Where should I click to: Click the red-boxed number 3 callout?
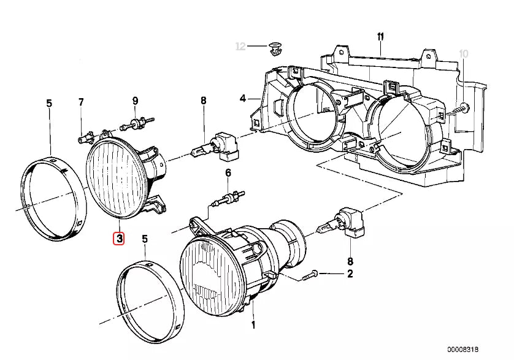[x=118, y=238]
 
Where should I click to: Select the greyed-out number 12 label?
[x=240, y=47]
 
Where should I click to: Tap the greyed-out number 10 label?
[x=463, y=54]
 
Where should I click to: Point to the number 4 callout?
[x=242, y=98]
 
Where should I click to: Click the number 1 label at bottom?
[x=253, y=324]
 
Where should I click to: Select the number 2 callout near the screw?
[x=350, y=274]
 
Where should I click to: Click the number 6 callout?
[x=228, y=174]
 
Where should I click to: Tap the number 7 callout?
[x=80, y=101]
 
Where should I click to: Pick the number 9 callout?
[x=135, y=101]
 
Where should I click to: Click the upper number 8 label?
[x=203, y=101]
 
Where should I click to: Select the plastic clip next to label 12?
[x=275, y=47]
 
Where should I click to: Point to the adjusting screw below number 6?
[x=226, y=199]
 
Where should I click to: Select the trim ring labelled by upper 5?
[x=51, y=197]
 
